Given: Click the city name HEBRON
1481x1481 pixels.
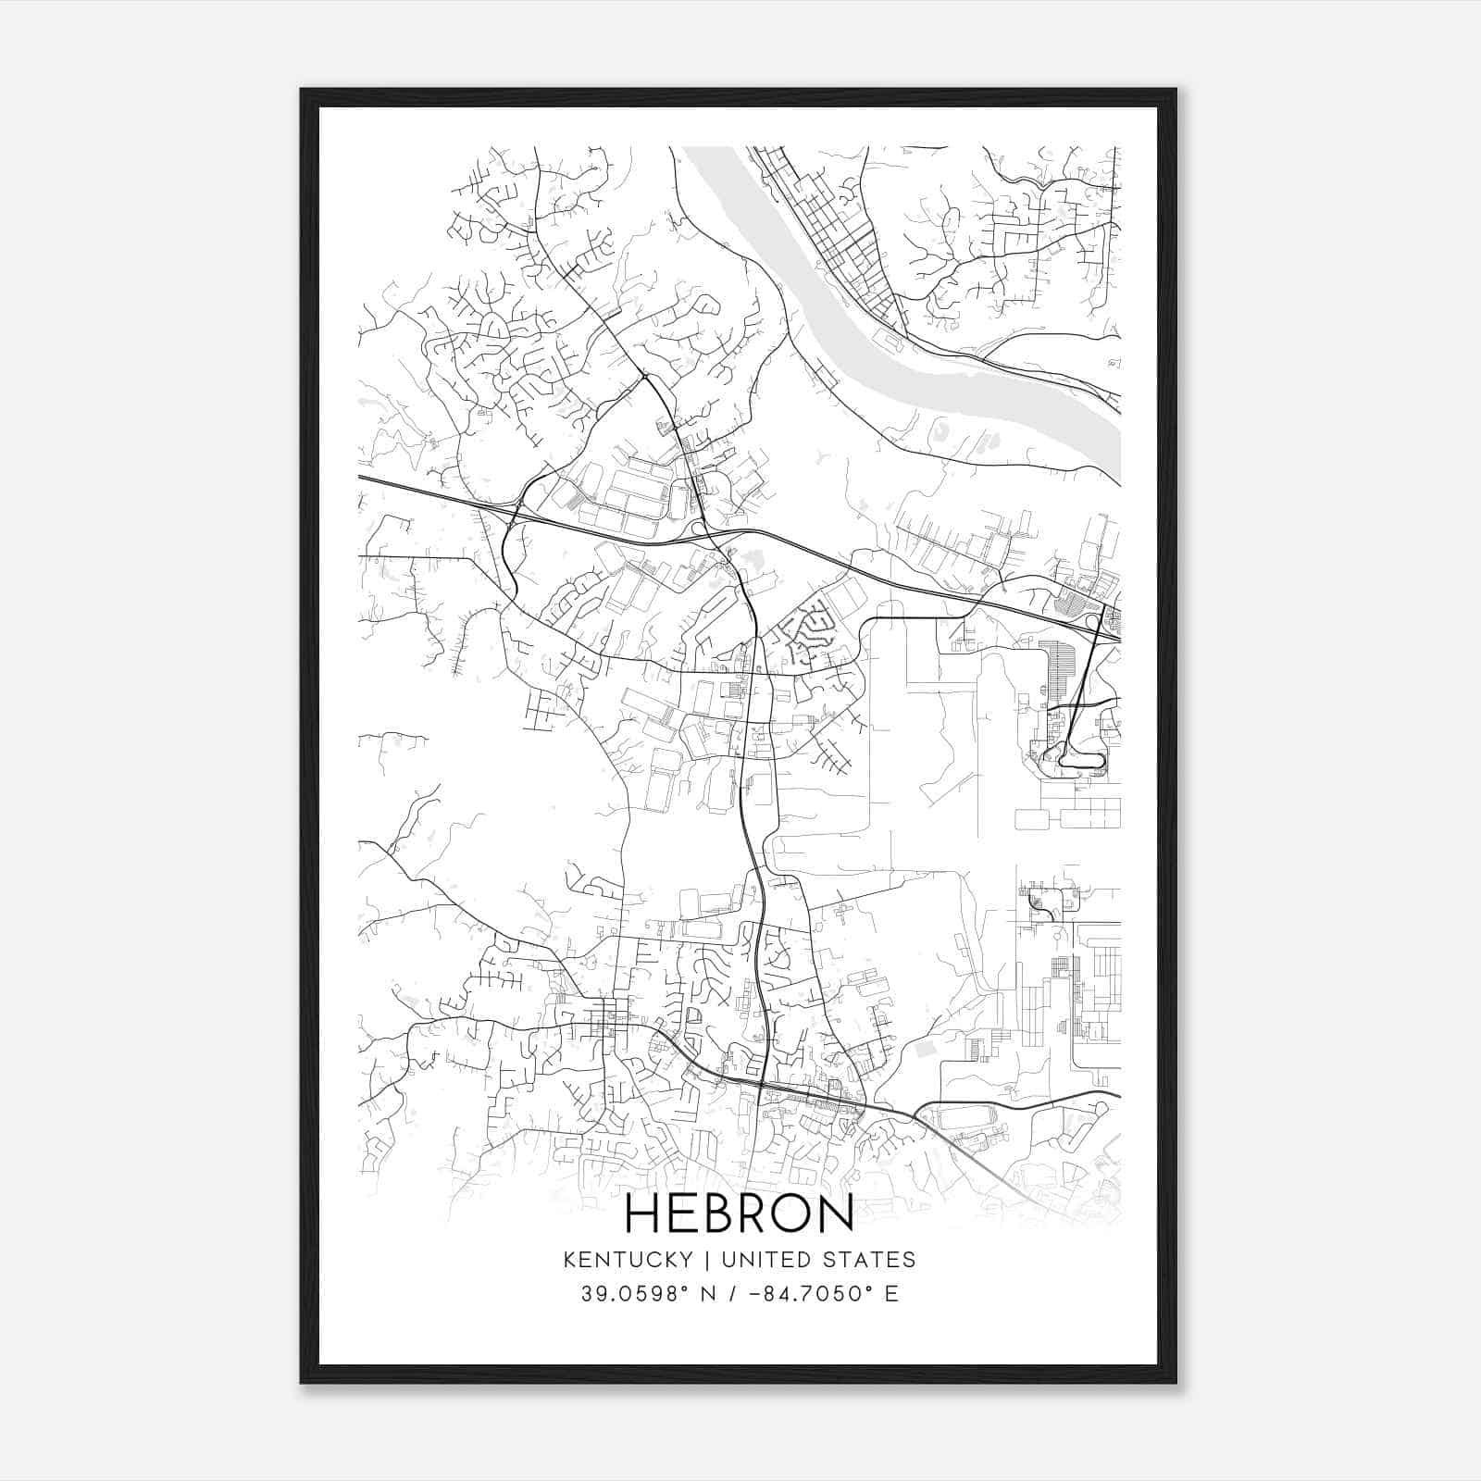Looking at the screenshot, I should (740, 1213).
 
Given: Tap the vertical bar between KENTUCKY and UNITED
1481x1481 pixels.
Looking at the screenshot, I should (706, 1260).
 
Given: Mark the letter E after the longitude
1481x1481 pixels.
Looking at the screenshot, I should (891, 1294).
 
